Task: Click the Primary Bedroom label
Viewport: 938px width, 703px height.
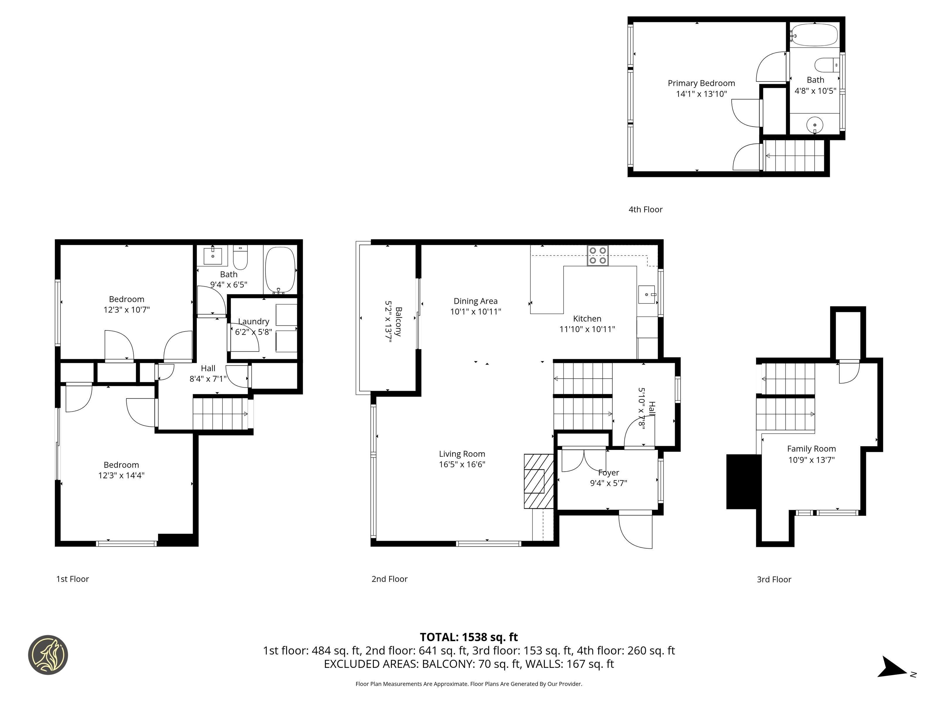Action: click(701, 83)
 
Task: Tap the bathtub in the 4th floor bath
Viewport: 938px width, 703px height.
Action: click(814, 35)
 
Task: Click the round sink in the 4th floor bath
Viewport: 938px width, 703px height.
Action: click(815, 125)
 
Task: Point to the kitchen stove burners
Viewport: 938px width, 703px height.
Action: click(597, 255)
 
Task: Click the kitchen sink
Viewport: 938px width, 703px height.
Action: click(648, 294)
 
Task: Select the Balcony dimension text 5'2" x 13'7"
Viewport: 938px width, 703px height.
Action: click(388, 321)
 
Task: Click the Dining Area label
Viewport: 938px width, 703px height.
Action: click(475, 301)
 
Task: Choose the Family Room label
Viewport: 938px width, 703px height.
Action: click(811, 449)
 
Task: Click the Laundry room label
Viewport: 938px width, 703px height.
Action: click(254, 322)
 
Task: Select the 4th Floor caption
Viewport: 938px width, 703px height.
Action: click(645, 209)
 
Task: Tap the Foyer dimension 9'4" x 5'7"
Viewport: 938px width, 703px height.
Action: click(609, 483)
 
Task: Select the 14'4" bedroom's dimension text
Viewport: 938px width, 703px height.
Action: click(121, 475)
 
